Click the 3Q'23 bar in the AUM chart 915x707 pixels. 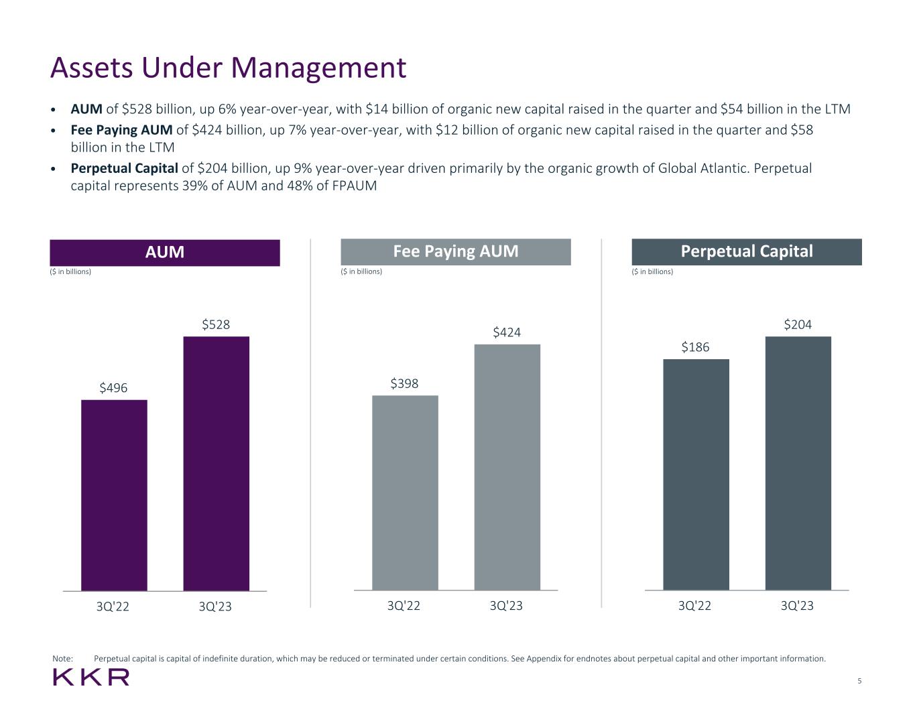click(x=216, y=463)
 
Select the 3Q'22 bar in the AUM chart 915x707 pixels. click(x=114, y=495)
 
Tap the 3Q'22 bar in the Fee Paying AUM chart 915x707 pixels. click(x=405, y=493)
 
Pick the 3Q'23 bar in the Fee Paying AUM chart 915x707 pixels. click(x=507, y=467)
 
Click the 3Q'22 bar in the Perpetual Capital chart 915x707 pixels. click(x=696, y=474)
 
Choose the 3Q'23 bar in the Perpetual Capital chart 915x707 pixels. click(x=798, y=463)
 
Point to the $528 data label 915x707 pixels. click(x=216, y=325)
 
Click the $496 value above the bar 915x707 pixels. click(x=114, y=388)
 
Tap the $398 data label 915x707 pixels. click(x=405, y=383)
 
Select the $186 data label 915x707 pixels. click(x=696, y=347)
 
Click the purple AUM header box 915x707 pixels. click(x=165, y=253)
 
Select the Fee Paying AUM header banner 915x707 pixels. click(x=456, y=252)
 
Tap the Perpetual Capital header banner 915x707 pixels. click(x=747, y=252)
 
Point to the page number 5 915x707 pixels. click(x=859, y=681)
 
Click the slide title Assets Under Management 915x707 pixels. click(x=228, y=68)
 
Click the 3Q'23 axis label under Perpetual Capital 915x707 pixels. click(x=798, y=606)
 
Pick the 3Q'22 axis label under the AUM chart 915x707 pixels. click(x=113, y=606)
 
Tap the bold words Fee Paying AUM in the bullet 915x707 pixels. click(x=121, y=129)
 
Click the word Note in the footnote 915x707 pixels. click(x=62, y=659)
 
